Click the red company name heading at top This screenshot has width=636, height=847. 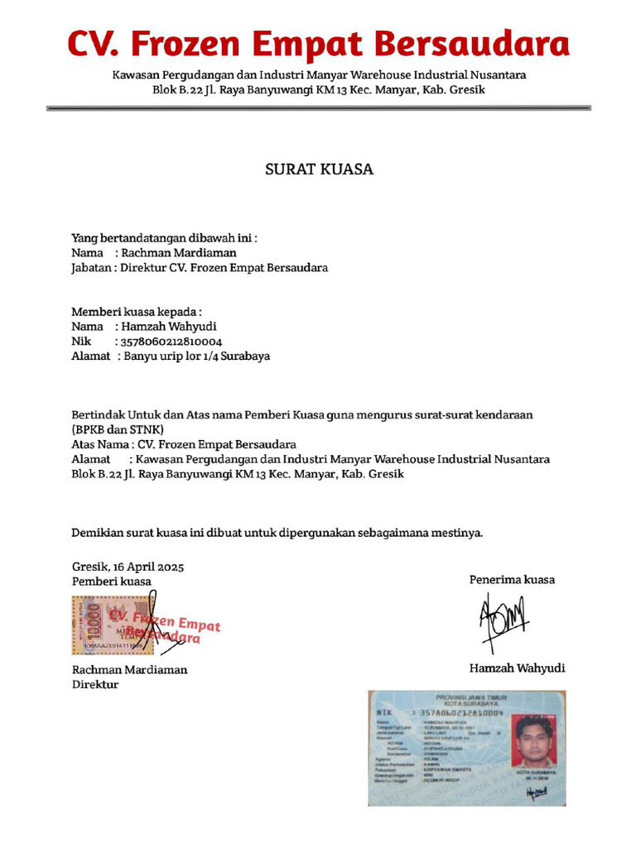point(318,42)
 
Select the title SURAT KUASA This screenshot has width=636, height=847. point(319,170)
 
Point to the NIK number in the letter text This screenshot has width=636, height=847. point(171,341)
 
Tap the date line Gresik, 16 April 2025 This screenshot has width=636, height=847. point(128,567)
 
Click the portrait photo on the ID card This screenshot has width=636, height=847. point(534,741)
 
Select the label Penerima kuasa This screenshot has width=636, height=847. point(512,580)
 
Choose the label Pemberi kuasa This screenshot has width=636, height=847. point(112,581)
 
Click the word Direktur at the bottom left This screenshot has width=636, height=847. point(94,684)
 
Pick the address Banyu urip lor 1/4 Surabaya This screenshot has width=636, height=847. point(196,357)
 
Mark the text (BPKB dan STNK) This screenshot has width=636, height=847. point(118,429)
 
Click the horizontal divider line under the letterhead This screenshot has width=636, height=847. point(318,108)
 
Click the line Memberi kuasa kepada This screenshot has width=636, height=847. point(137,312)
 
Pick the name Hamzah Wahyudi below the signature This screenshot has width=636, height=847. point(517,668)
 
